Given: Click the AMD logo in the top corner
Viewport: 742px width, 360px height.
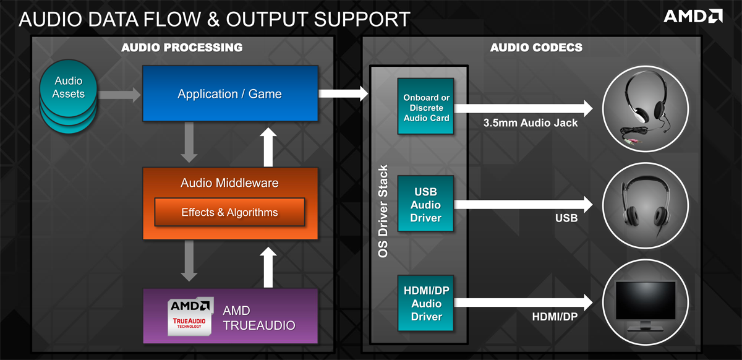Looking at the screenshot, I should [693, 15].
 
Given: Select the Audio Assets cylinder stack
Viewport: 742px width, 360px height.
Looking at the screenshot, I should [68, 98].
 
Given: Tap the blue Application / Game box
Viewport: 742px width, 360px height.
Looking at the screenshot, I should [230, 95].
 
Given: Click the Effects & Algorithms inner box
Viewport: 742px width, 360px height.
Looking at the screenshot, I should [229, 212].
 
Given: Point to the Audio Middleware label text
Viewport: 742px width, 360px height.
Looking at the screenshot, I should [229, 183].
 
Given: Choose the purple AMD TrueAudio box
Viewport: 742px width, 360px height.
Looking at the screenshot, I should [230, 315].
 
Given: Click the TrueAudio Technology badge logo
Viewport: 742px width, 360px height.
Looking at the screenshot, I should [190, 316].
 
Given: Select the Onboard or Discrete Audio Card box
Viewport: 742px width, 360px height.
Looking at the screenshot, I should [426, 106].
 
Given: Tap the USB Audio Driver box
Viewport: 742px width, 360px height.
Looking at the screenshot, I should [426, 204].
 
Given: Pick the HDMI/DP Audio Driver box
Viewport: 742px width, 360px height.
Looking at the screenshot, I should [426, 302].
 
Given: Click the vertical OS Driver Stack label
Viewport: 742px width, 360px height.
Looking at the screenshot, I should [383, 211].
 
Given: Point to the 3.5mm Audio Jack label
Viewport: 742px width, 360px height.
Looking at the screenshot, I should [531, 123].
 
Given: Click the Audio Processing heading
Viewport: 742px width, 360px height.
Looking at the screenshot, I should [182, 48].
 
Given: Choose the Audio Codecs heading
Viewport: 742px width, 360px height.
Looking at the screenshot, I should [536, 48].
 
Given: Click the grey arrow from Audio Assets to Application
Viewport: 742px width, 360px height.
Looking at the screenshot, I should [120, 95].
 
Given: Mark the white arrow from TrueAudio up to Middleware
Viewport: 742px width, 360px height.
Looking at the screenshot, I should [268, 268].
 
